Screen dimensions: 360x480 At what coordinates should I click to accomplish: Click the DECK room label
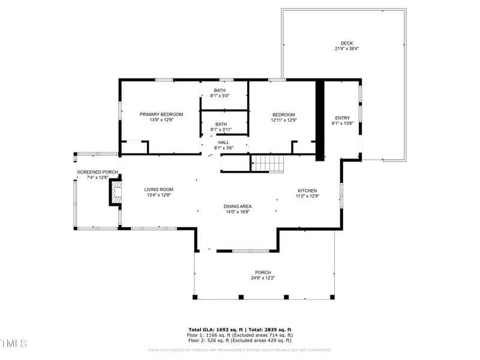tap(347, 43)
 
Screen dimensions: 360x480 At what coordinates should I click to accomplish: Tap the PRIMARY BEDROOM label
tap(161, 114)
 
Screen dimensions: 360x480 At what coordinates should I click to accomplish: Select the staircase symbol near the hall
tap(267, 163)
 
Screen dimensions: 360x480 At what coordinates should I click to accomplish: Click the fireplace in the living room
tap(115, 193)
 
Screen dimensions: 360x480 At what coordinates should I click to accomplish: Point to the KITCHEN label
tap(307, 191)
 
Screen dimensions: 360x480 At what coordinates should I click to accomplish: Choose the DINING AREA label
tap(238, 206)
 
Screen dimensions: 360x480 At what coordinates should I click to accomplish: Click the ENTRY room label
tap(342, 118)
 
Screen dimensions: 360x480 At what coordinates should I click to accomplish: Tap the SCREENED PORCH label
tap(97, 172)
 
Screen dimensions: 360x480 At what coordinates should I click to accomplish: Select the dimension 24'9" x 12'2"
tap(263, 278)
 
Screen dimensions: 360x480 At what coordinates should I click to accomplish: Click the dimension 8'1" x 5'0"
tap(220, 96)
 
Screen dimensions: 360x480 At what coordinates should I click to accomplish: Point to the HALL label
tap(223, 142)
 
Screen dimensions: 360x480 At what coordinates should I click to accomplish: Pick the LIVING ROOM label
tap(158, 190)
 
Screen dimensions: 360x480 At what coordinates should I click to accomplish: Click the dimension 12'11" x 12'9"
tap(284, 120)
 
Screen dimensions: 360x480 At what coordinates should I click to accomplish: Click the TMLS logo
tap(14, 343)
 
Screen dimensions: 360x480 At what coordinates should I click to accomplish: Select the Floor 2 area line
tap(239, 340)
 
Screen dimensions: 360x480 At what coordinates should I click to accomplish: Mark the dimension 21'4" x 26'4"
tap(347, 49)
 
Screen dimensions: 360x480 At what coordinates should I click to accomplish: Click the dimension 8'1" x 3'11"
tap(220, 130)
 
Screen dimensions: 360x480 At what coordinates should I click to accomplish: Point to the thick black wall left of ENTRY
tap(320, 120)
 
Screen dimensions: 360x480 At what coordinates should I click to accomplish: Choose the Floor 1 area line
tap(239, 335)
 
